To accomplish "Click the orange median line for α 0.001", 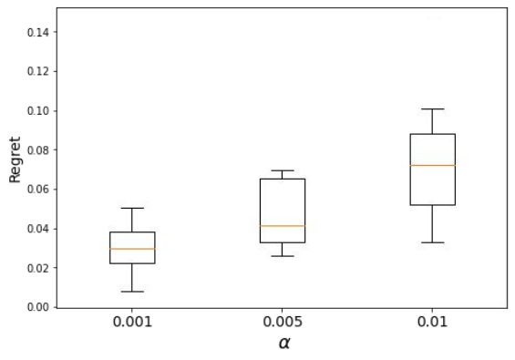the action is click(x=132, y=249).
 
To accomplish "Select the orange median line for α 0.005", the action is click(x=283, y=226).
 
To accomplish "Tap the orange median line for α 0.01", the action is click(x=433, y=165).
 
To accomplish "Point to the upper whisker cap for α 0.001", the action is click(x=132, y=208).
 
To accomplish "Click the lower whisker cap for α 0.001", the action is click(x=132, y=292).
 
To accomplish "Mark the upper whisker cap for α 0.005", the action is click(x=283, y=170).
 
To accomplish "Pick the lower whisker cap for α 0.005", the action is click(x=283, y=256).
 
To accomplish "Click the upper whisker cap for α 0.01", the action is click(x=433, y=108).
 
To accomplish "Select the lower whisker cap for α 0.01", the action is click(x=433, y=242).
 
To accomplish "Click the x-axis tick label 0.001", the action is click(x=132, y=322).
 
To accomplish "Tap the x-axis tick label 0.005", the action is click(x=283, y=322).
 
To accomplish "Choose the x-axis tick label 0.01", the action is click(x=433, y=322).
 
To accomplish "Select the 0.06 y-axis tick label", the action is click(x=37, y=190).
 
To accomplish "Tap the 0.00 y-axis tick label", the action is click(x=37, y=307).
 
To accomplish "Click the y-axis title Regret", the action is click(x=15, y=159).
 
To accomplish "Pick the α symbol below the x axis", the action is click(x=284, y=344).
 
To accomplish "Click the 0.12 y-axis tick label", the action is click(x=37, y=72).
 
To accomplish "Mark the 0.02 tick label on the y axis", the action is click(x=37, y=268).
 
